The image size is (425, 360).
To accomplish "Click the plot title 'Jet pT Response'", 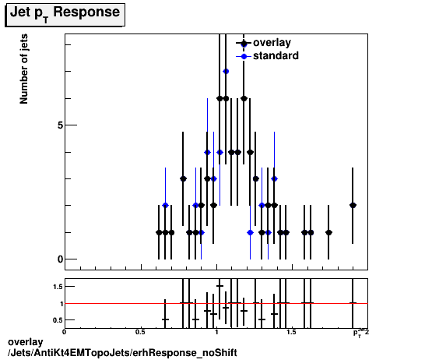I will point(65,13).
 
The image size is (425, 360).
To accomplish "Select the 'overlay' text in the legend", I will point(272,43).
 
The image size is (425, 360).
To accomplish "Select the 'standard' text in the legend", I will point(276,56).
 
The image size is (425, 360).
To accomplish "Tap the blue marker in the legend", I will point(244,56).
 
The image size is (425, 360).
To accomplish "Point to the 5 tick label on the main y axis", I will point(59,125).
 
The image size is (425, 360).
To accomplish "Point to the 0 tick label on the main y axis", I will point(59,259).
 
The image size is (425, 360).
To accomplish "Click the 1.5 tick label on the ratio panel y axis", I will point(57,287).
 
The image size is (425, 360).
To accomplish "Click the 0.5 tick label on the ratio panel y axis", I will point(57,319).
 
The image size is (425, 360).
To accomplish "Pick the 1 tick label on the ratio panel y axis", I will point(60,303).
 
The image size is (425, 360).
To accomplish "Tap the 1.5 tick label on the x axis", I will point(291,332).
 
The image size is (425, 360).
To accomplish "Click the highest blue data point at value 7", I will point(226,71).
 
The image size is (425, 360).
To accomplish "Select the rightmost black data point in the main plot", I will point(353,205).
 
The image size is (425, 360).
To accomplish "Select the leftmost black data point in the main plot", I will point(159,232).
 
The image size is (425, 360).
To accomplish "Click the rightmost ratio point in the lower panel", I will point(353,303).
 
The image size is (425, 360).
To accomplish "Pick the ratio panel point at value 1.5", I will point(220,286).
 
